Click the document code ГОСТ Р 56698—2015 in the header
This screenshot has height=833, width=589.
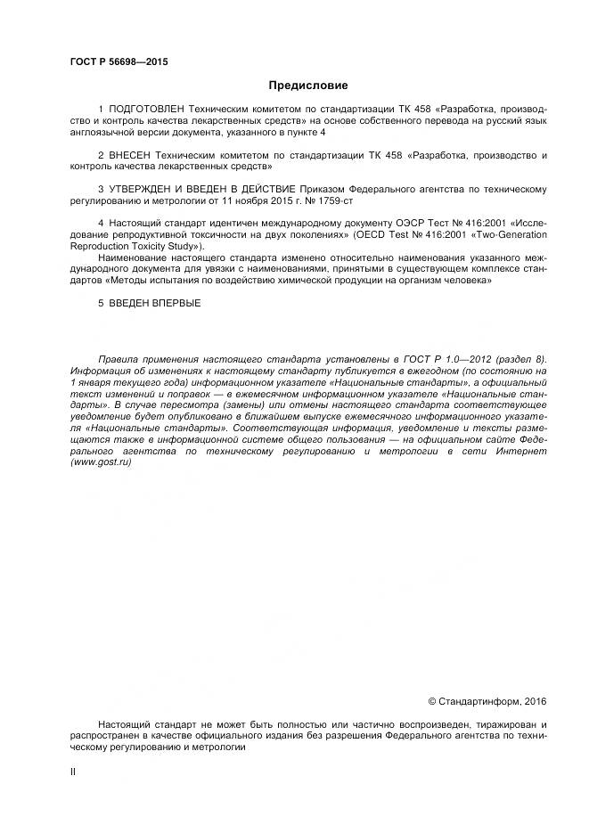[119, 62]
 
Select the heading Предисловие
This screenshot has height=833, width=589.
[308, 86]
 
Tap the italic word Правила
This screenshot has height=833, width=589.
[119, 359]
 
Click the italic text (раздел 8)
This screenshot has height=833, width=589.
[519, 359]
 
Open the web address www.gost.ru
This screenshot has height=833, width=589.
[101, 463]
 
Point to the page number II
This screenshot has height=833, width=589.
[72, 772]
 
